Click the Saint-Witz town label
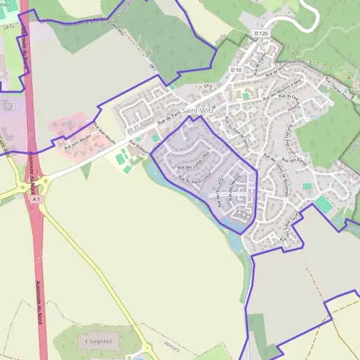[x=201, y=110]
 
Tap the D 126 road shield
[x=260, y=33]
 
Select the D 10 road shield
[x=236, y=70]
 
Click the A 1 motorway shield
[x=37, y=199]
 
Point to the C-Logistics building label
[x=99, y=340]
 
